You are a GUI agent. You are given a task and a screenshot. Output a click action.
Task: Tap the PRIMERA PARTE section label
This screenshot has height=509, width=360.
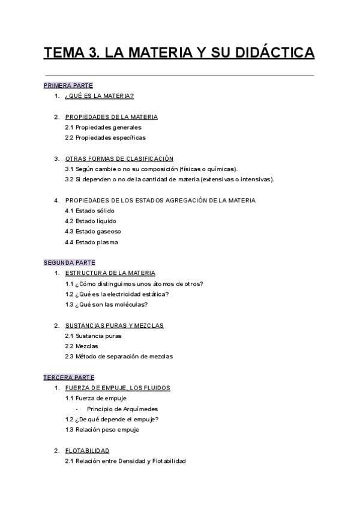pyautogui.click(x=68, y=86)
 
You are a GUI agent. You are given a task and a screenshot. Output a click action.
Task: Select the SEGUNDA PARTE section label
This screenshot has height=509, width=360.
pyautogui.click(x=69, y=262)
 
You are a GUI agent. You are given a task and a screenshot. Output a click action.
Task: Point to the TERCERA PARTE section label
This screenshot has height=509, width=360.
pyautogui.click(x=68, y=378)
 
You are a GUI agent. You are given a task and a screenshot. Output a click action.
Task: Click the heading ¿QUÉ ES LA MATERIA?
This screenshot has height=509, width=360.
pyautogui.click(x=99, y=96)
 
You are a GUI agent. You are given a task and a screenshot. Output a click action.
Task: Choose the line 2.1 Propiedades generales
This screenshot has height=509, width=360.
pyautogui.click(x=103, y=127)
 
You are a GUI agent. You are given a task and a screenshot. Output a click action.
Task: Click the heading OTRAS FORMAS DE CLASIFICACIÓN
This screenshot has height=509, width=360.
pyautogui.click(x=119, y=158)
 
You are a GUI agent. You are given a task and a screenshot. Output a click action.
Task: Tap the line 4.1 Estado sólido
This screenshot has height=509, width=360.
pyautogui.click(x=89, y=211)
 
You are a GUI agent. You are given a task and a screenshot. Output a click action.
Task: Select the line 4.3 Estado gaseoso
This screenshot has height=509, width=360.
pyautogui.click(x=92, y=232)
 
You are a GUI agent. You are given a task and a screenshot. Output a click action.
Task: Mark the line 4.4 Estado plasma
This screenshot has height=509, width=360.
pyautogui.click(x=91, y=242)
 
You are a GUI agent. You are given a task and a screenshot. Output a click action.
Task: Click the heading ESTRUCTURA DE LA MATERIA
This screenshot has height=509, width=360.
pyautogui.click(x=110, y=273)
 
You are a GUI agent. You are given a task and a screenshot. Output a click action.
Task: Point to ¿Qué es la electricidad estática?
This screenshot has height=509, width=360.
pyautogui.click(x=116, y=294)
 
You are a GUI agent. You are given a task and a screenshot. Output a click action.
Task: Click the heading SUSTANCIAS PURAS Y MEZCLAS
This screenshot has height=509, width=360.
pyautogui.click(x=114, y=325)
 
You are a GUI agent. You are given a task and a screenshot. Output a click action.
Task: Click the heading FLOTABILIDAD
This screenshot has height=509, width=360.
pyautogui.click(x=87, y=450)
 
